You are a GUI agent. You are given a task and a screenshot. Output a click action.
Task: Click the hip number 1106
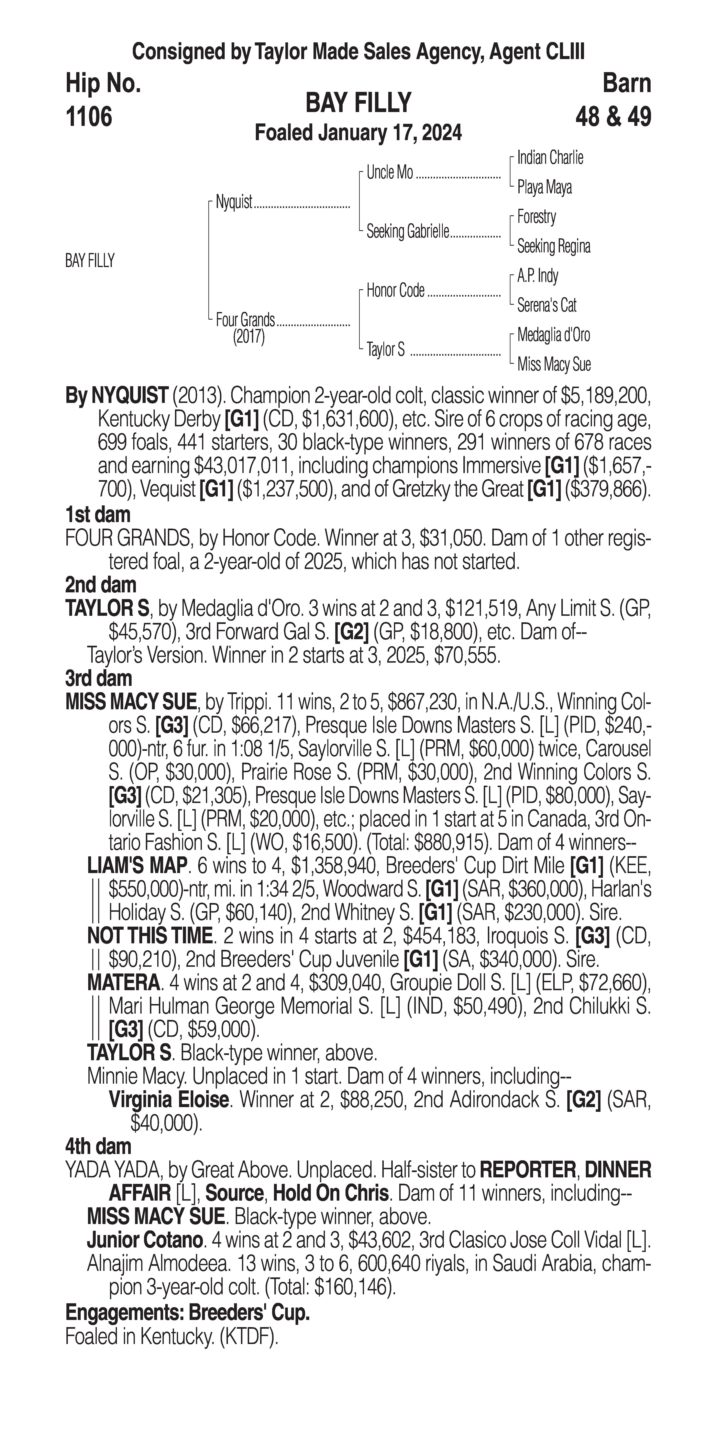pos(89,117)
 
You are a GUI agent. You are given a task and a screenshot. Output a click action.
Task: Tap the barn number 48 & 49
pos(613,117)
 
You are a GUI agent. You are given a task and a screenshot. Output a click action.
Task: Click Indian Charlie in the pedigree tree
pos(550,158)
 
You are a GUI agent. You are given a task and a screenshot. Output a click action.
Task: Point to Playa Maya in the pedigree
pos(544,187)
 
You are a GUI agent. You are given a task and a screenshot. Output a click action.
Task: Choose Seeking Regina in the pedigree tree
pos(553,246)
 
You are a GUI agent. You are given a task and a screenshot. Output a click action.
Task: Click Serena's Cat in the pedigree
pos(546,305)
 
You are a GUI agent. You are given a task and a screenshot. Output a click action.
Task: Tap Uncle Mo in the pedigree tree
pos(390,173)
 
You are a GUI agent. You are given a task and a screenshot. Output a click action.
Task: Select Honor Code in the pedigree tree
pos(395,290)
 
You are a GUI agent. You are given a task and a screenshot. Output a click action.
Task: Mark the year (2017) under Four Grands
pos(249,337)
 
